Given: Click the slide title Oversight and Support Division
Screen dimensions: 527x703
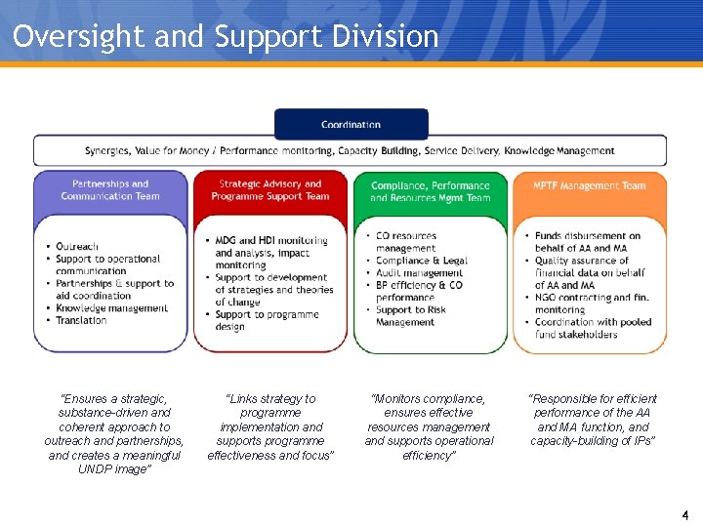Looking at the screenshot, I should point(226,37).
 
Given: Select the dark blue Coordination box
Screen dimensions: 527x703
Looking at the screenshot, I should point(351,124).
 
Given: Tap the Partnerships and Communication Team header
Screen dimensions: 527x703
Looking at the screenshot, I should point(110,189).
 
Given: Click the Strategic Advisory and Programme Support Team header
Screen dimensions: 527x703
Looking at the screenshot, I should point(270,189).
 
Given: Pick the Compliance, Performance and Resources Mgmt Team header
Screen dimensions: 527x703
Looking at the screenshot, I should point(431,191).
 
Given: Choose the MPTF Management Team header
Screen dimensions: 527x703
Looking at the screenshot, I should point(590,185).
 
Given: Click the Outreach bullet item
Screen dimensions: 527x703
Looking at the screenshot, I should point(78,247).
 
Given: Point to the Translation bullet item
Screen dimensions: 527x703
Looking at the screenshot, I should point(81,320).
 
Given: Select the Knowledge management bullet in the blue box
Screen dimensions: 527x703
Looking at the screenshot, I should point(111,308).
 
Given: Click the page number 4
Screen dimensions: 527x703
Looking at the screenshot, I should point(685,514).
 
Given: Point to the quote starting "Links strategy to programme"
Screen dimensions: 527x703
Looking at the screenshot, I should point(270,426).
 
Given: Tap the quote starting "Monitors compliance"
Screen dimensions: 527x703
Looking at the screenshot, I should point(429,426).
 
